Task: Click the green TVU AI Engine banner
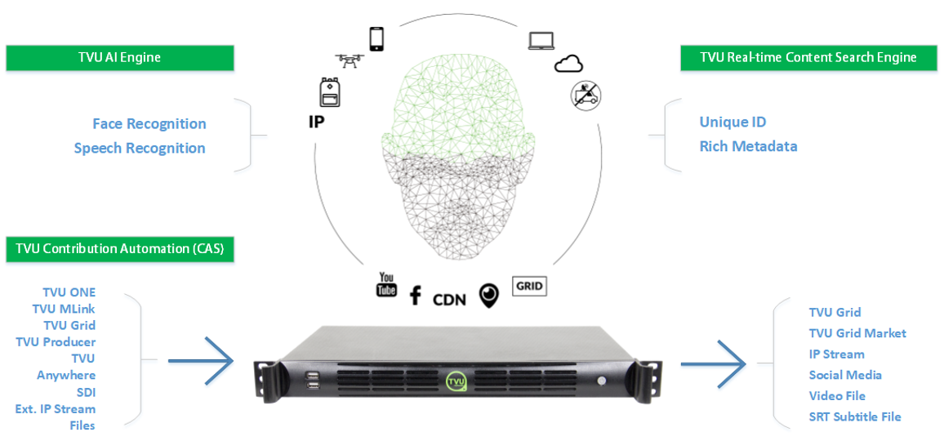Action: [x=119, y=57]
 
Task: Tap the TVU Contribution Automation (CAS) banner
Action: [x=119, y=250]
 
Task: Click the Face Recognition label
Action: [x=149, y=124]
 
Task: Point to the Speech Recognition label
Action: [x=140, y=148]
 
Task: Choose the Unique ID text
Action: [x=732, y=122]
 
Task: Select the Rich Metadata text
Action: [x=748, y=146]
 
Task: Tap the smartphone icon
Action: [x=376, y=39]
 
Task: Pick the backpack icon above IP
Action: [x=330, y=93]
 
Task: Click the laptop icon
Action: [x=541, y=40]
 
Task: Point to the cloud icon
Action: [x=569, y=63]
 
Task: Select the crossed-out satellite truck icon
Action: [x=586, y=95]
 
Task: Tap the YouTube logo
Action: [x=386, y=284]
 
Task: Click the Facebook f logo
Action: [x=415, y=295]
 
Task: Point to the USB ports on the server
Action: [x=313, y=381]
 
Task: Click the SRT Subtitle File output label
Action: [x=855, y=416]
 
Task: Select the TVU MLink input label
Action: [x=64, y=309]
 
